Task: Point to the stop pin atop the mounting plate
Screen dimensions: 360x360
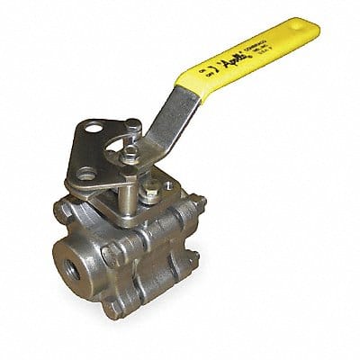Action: [132, 126]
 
